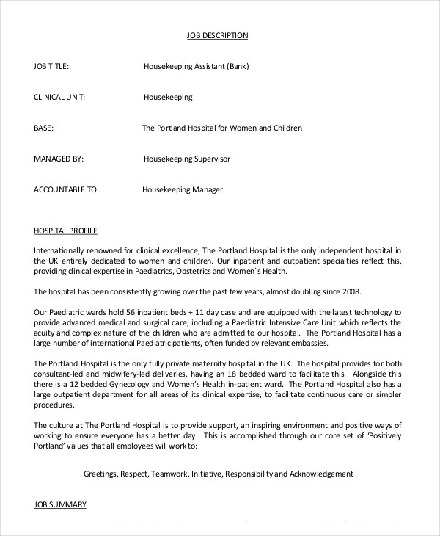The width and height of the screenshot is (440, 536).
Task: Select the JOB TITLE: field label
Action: pyautogui.click(x=51, y=66)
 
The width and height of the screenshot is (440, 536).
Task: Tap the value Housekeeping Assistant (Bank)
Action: pyautogui.click(x=196, y=66)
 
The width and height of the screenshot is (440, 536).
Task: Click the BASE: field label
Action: pyautogui.click(x=44, y=128)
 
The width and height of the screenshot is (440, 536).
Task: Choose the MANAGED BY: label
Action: pyautogui.click(x=59, y=159)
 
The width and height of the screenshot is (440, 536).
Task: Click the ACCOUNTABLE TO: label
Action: pyautogui.click(x=66, y=189)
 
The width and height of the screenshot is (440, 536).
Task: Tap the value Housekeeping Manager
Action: pyautogui.click(x=182, y=189)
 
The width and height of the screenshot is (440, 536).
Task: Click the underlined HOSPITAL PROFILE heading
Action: pyautogui.click(x=65, y=230)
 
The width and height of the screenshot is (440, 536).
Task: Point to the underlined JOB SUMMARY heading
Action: pyautogui.click(x=60, y=504)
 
